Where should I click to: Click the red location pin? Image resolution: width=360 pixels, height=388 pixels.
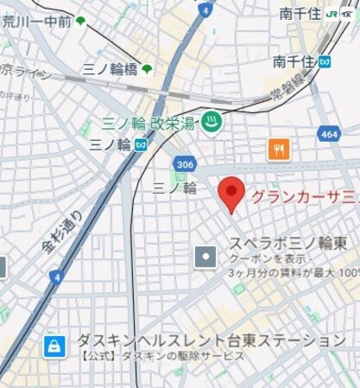[231, 194]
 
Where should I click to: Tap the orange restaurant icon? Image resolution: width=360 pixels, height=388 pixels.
[278, 149]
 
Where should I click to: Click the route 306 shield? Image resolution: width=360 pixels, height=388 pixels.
[183, 163]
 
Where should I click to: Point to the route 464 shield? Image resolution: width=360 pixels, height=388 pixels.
[327, 135]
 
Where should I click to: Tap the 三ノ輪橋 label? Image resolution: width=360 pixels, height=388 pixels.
[111, 69]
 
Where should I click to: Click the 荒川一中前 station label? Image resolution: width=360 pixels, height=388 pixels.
[36, 22]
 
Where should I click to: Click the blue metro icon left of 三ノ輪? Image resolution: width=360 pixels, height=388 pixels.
[140, 146]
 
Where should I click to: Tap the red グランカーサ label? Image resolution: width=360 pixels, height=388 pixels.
[305, 196]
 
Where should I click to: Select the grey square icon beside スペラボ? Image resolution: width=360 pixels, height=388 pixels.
[205, 257]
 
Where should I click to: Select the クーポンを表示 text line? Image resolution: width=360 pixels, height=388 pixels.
[268, 258]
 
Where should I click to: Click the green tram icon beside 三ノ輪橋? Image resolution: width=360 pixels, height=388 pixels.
[147, 69]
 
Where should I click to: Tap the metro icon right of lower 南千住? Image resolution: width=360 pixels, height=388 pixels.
[325, 61]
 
